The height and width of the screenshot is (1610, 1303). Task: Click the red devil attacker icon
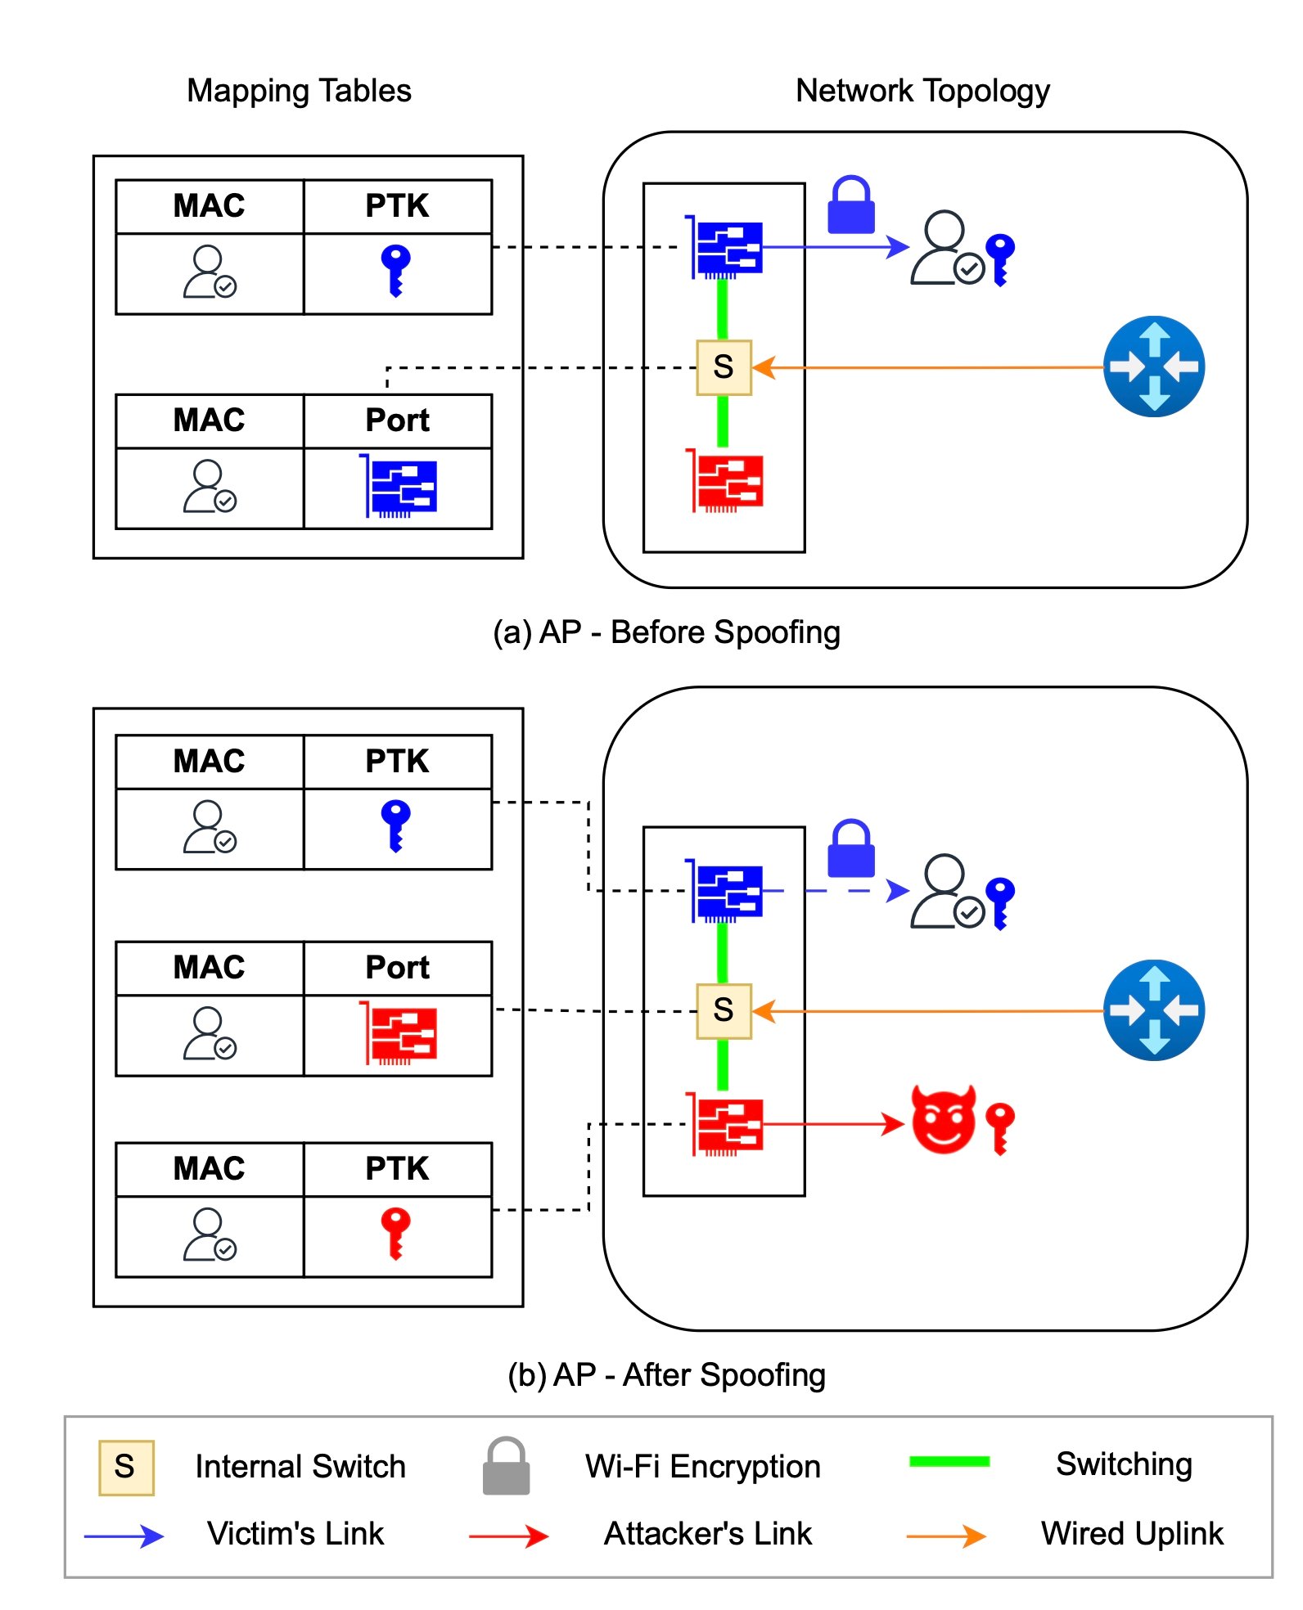click(944, 1120)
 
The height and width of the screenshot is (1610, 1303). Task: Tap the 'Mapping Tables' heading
click(299, 91)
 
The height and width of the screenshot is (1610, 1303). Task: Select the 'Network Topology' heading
click(922, 91)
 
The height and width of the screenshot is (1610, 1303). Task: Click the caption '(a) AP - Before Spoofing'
click(666, 632)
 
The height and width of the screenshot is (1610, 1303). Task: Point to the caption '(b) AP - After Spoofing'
click(666, 1375)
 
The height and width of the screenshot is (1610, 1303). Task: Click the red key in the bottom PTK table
click(396, 1233)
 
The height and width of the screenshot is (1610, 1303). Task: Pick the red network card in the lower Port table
click(399, 1033)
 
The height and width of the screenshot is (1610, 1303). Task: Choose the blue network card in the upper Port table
click(399, 486)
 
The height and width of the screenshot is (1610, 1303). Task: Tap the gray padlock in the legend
click(506, 1466)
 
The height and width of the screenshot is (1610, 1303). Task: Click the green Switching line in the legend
click(949, 1462)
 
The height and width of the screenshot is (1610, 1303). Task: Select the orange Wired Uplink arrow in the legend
click(946, 1536)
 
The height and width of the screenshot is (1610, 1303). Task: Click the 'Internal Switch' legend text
click(300, 1467)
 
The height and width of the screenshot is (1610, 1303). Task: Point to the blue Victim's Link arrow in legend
click(124, 1536)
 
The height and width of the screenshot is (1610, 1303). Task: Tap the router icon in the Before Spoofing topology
click(1154, 367)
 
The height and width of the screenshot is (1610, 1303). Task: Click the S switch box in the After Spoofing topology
click(724, 1010)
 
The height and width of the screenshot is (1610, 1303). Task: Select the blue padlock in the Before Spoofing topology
click(851, 205)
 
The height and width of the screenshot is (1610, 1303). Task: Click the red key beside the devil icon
click(1000, 1128)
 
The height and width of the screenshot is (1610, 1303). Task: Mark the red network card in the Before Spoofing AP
click(726, 481)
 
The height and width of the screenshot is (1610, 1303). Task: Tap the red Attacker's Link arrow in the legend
click(508, 1536)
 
